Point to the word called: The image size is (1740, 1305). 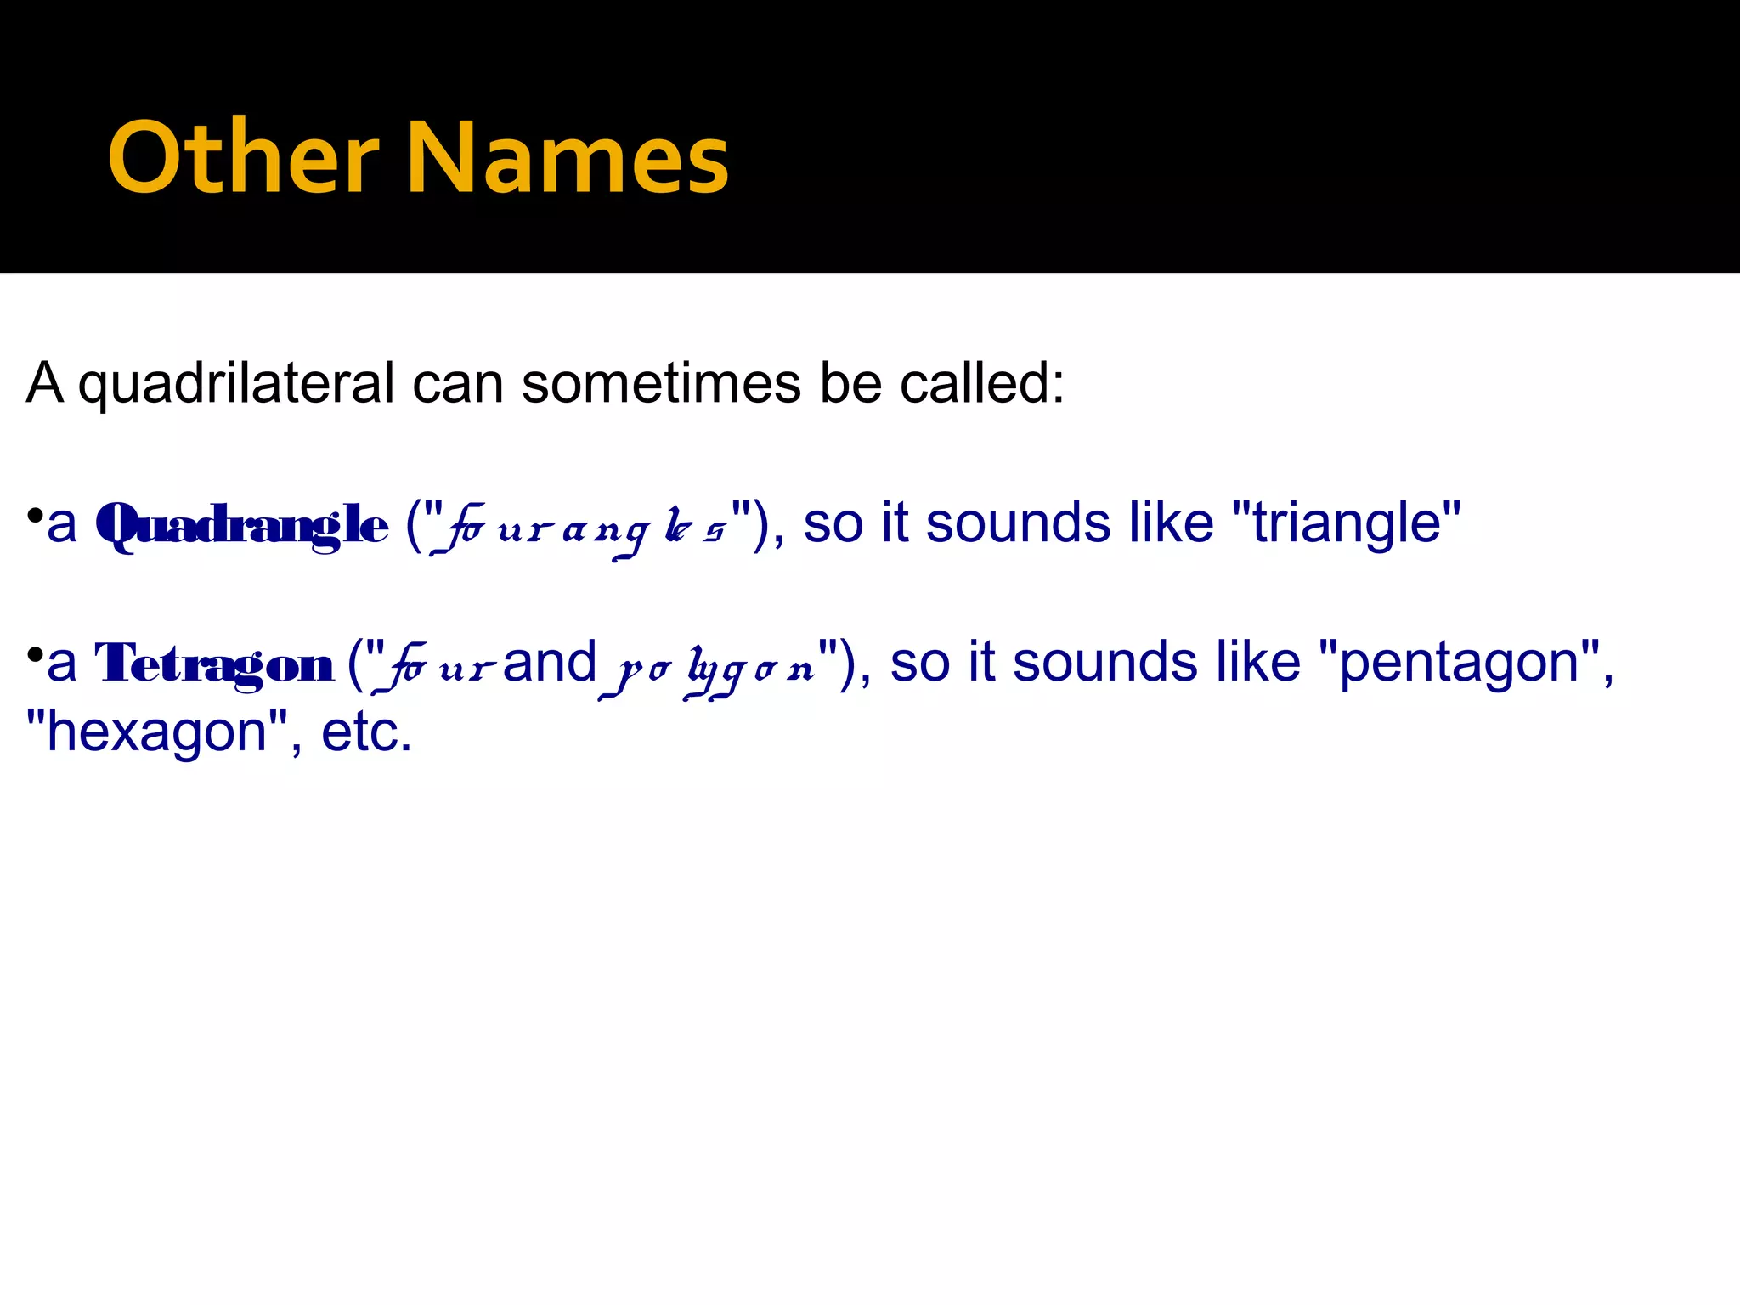982,384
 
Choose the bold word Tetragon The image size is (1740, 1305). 214,664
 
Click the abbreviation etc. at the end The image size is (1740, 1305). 366,732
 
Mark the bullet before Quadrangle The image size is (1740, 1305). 35,515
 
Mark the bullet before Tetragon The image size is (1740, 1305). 35,654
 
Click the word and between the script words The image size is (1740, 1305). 550,662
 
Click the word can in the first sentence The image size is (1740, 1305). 458,384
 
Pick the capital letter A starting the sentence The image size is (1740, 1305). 45,384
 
